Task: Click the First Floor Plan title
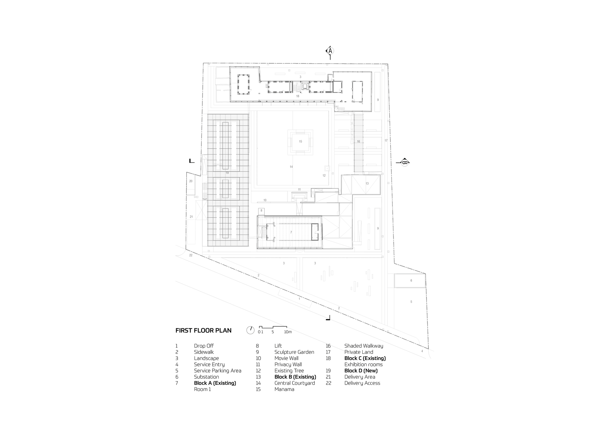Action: coord(203,331)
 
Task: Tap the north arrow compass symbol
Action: coord(250,330)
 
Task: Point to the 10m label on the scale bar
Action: coord(288,332)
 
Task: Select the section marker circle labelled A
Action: coord(330,51)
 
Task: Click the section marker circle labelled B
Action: coord(405,162)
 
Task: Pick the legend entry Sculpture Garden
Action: coord(294,352)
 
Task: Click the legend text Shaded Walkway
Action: coord(364,346)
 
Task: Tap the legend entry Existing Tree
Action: coord(289,371)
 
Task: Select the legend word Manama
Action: coord(284,389)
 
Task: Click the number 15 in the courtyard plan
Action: coord(300,142)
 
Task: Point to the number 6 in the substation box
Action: coord(411,281)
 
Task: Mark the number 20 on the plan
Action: coord(191,181)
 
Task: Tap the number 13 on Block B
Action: coord(367,184)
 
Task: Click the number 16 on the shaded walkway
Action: coord(359,142)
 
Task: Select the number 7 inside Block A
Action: coord(291,232)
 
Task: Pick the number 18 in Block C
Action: coord(298,96)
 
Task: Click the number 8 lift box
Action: coord(261,211)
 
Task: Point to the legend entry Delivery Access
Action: coord(362,383)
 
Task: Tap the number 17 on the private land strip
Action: coord(386,141)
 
